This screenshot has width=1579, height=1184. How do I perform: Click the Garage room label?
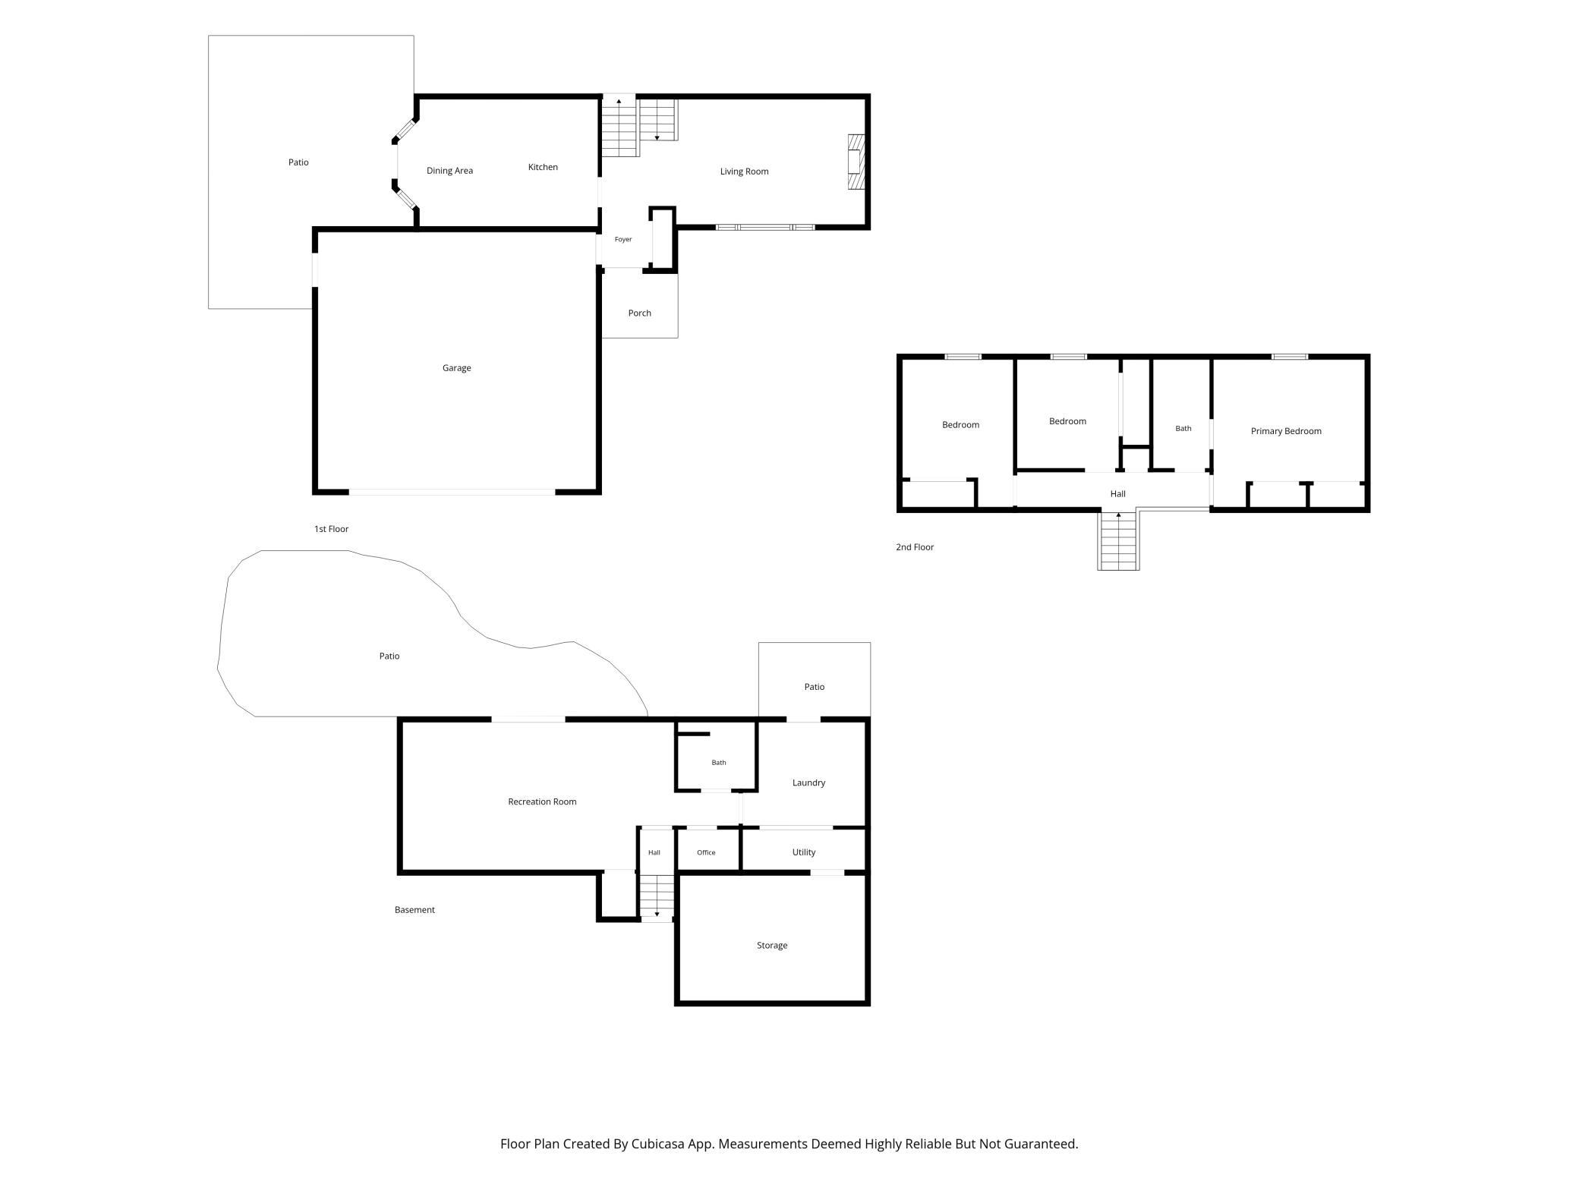pyautogui.click(x=457, y=368)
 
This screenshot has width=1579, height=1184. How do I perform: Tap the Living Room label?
pyautogui.click(x=744, y=172)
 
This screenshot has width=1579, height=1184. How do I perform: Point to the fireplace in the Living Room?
pyautogui.click(x=856, y=162)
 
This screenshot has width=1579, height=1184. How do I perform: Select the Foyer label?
pyautogui.click(x=623, y=240)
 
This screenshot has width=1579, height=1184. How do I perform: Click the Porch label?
pyautogui.click(x=640, y=313)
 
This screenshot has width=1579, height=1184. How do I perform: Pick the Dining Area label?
pyautogui.click(x=449, y=171)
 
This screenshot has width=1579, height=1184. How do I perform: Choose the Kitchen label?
pyautogui.click(x=543, y=167)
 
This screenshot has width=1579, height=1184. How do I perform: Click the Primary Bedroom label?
pyautogui.click(x=1286, y=431)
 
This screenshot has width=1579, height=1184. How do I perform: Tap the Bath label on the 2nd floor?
pyautogui.click(x=1183, y=429)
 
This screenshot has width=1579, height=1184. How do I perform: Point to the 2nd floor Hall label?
pyautogui.click(x=1117, y=494)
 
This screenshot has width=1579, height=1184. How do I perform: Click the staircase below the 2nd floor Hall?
pyautogui.click(x=1118, y=540)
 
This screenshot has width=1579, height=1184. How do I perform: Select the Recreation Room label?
pyautogui.click(x=542, y=801)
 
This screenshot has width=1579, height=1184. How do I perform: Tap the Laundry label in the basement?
pyautogui.click(x=808, y=783)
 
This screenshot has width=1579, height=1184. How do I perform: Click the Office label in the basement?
pyautogui.click(x=706, y=852)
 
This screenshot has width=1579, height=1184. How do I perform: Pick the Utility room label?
pyautogui.click(x=804, y=852)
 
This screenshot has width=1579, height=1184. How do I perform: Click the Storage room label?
pyautogui.click(x=772, y=946)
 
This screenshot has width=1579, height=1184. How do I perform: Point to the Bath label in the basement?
pyautogui.click(x=719, y=763)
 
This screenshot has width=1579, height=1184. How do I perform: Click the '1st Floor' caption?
pyautogui.click(x=331, y=529)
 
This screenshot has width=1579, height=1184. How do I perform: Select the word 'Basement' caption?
pyautogui.click(x=414, y=910)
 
